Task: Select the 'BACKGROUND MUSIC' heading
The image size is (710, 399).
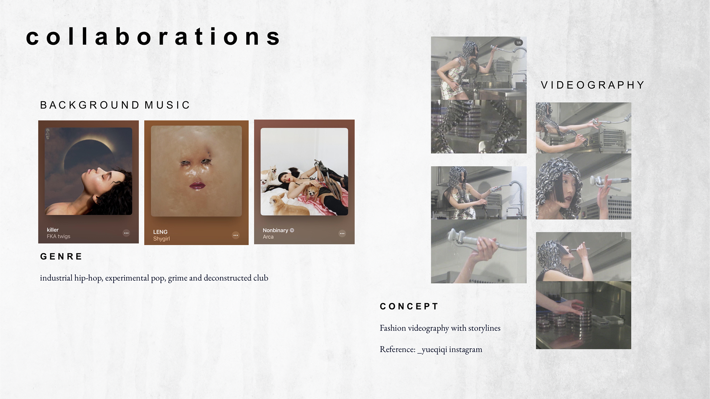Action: point(115,105)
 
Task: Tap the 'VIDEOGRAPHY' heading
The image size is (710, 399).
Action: point(593,85)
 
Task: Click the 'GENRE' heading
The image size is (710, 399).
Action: point(61,257)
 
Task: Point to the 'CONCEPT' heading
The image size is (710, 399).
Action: point(409,307)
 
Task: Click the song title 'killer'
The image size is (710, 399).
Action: point(53,230)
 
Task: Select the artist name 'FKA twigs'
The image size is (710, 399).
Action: point(58,236)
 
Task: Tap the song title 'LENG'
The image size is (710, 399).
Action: point(160,232)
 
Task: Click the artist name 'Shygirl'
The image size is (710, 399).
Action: point(161,239)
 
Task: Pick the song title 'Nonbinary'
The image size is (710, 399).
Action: point(275,230)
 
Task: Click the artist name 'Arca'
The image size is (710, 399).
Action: point(268,237)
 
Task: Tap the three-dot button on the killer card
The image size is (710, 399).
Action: point(126,233)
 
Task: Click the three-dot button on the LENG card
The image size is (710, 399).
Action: point(236,235)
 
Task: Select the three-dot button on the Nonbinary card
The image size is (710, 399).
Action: point(342,233)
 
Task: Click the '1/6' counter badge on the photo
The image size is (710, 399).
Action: point(518,43)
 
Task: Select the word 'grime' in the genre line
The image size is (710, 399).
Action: point(177,278)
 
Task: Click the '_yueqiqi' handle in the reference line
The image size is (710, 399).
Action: point(432,349)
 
